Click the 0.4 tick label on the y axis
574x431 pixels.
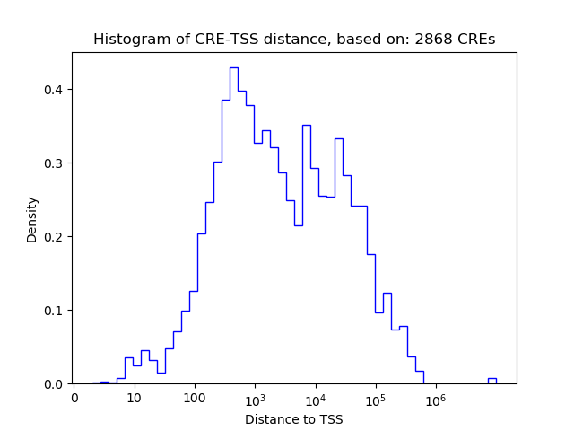(57, 90)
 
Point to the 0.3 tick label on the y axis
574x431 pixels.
(57, 163)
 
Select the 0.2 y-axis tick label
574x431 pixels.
(57, 237)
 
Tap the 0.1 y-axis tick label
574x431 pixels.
(57, 311)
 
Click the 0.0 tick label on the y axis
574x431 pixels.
(57, 384)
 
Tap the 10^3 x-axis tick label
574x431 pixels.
(255, 398)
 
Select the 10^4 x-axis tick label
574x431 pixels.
(315, 398)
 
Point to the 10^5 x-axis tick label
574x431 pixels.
(375, 398)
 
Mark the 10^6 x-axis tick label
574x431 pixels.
(435, 398)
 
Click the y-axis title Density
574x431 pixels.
(32, 219)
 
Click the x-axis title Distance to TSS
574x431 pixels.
(294, 418)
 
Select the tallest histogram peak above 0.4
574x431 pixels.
(233, 68)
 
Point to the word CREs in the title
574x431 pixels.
(474, 40)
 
